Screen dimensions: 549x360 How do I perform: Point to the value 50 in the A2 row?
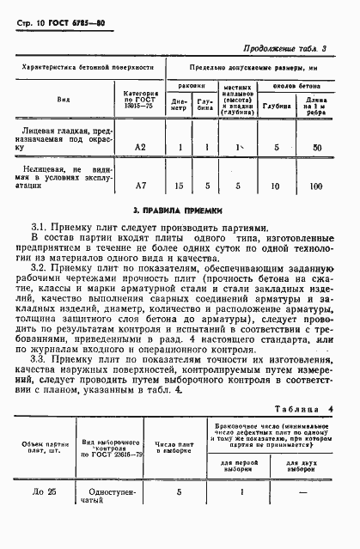coord(318,148)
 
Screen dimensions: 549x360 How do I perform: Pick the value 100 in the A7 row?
coord(318,186)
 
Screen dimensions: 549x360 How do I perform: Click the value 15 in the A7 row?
coord(180,186)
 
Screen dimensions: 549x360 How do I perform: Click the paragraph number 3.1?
coord(40,226)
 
